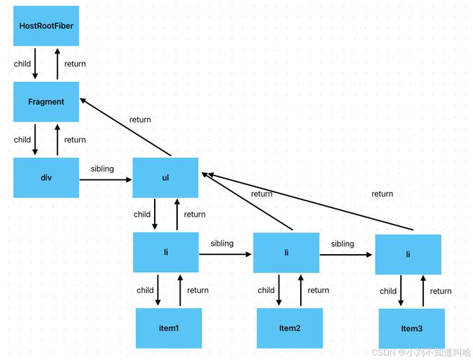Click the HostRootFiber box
click(x=46, y=26)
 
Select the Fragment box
click(x=46, y=102)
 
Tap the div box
click(x=46, y=178)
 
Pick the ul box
click(x=166, y=178)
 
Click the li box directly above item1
click(x=166, y=253)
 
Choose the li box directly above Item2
click(x=287, y=253)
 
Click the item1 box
click(x=168, y=328)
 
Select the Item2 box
click(x=289, y=328)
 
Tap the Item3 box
click(x=411, y=329)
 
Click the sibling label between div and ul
click(x=102, y=168)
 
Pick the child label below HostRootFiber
click(x=22, y=64)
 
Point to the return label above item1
click(x=198, y=290)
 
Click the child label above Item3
click(x=388, y=291)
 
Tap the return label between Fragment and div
click(x=75, y=140)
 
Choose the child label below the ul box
click(x=142, y=214)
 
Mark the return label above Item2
click(x=318, y=290)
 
